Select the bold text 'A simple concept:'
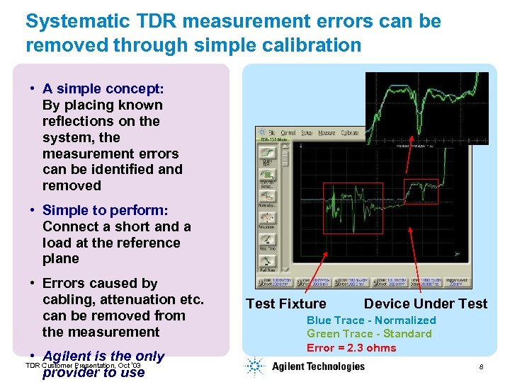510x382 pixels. pyautogui.click(x=103, y=88)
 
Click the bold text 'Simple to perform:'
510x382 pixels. pyautogui.click(x=105, y=210)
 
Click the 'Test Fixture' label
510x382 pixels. pyautogui.click(x=285, y=303)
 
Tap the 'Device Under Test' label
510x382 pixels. pyautogui.click(x=425, y=303)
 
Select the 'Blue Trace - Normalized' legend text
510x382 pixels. pyautogui.click(x=371, y=320)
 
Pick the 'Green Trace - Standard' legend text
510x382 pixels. pyautogui.click(x=369, y=333)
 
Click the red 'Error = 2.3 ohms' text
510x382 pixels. pyautogui.click(x=351, y=347)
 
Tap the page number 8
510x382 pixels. pyautogui.click(x=481, y=367)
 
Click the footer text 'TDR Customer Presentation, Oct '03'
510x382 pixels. pyautogui.click(x=83, y=365)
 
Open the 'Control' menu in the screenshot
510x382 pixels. pyautogui.click(x=288, y=133)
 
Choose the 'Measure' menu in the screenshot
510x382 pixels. pyautogui.click(x=327, y=133)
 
